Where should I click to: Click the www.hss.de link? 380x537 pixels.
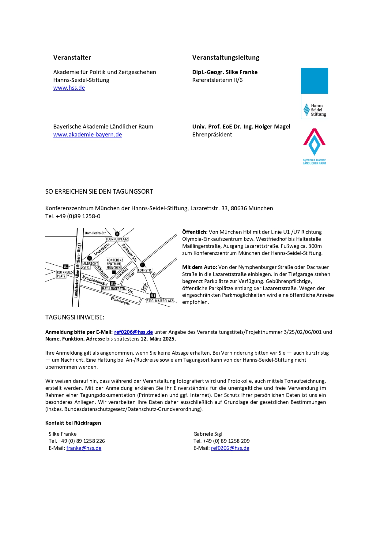click(69, 88)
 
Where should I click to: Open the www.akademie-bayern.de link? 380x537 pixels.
click(88, 135)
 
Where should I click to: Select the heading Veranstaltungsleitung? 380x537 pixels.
click(226, 58)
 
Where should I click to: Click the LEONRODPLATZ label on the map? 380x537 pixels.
click(117, 239)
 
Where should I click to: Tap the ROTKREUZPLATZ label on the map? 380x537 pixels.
click(65, 274)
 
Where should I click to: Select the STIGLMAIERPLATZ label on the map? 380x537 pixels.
click(160, 301)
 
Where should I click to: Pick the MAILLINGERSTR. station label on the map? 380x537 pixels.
click(114, 289)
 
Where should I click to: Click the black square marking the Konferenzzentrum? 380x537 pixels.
click(114, 272)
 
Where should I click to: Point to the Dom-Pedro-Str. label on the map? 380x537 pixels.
click(96, 233)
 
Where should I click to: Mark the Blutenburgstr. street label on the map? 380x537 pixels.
click(120, 301)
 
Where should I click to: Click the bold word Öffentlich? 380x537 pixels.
click(195, 232)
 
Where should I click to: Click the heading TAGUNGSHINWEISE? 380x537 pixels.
click(75, 317)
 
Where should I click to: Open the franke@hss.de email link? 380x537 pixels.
click(84, 448)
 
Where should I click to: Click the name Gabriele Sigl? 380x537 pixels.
click(208, 434)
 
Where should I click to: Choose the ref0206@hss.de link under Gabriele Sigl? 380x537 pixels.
click(230, 448)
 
